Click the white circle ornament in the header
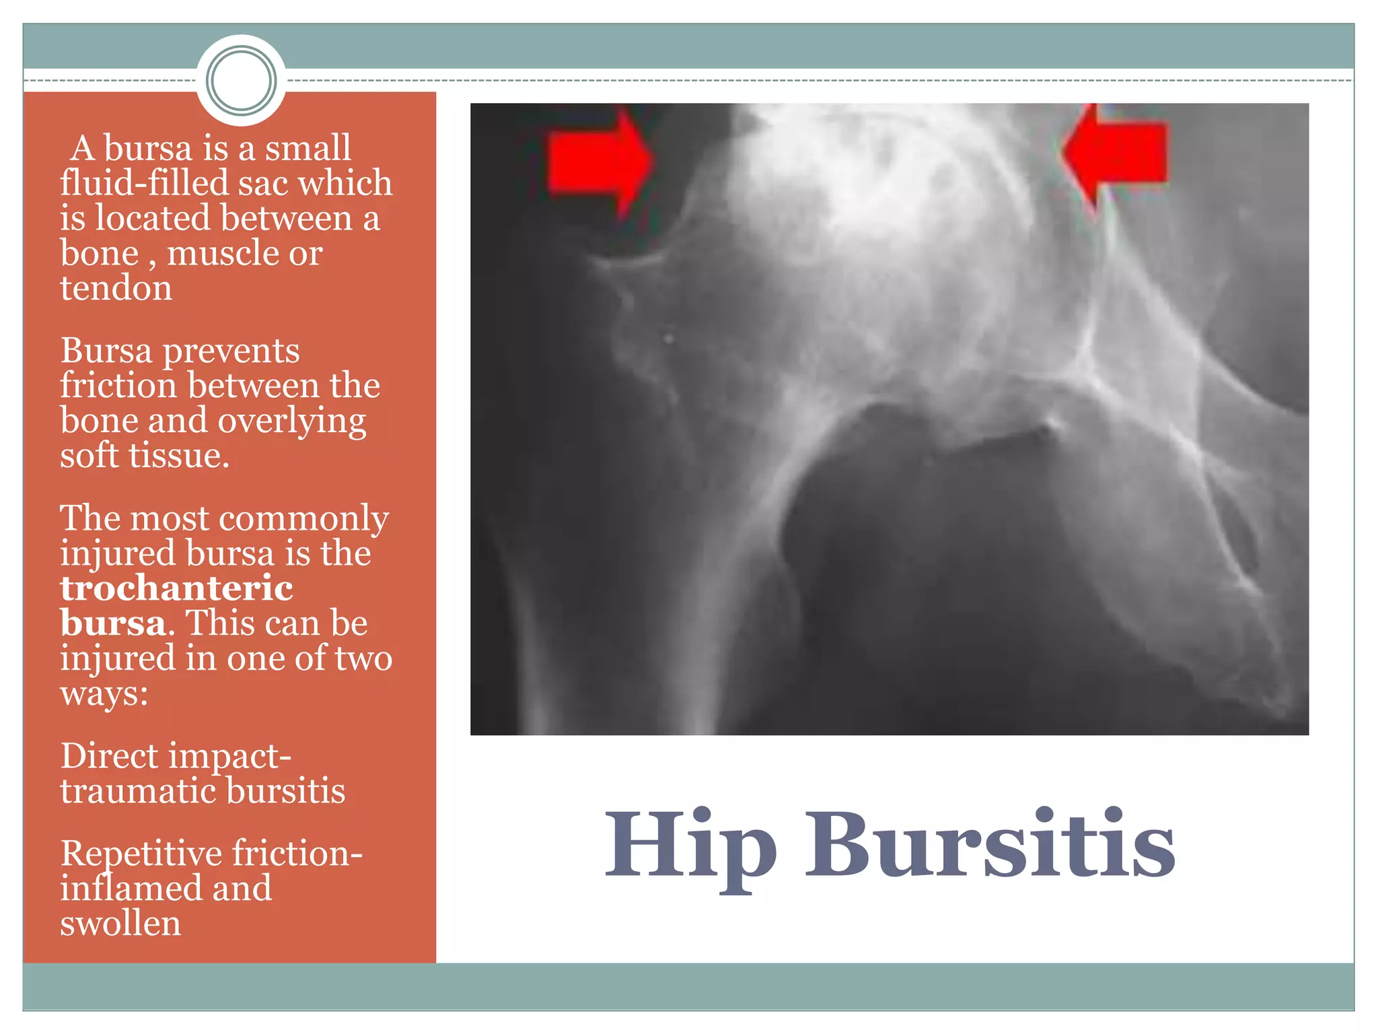pyautogui.click(x=242, y=80)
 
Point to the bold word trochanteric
pyautogui.click(x=176, y=588)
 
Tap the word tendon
pyautogui.click(x=116, y=288)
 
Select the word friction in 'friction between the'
pyautogui.click(x=118, y=386)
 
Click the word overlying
pyautogui.click(x=291, y=421)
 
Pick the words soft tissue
pyautogui.click(x=144, y=456)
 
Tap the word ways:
pyautogui.click(x=104, y=693)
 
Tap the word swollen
pyautogui.click(x=120, y=923)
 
